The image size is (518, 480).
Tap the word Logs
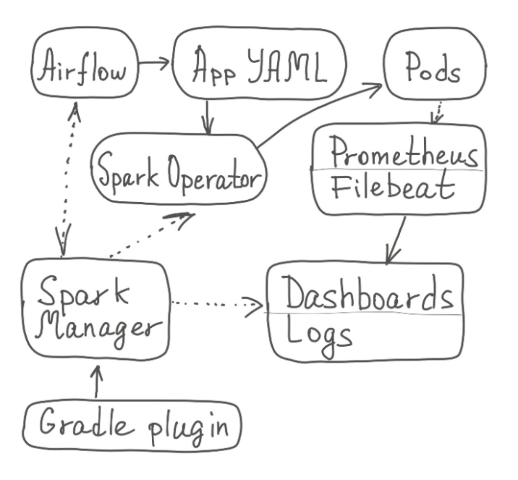[x=318, y=334]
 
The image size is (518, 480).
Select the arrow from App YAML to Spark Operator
[x=208, y=117]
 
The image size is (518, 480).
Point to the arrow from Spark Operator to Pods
[x=320, y=111]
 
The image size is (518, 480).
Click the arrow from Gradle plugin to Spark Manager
[x=97, y=381]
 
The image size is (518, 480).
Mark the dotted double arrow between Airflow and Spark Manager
[x=68, y=178]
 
